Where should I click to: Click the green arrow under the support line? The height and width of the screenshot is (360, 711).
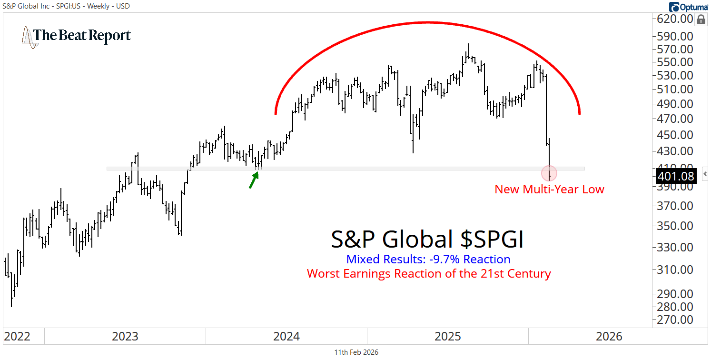coord(254,180)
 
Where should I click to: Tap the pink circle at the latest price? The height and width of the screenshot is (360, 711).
coord(549,173)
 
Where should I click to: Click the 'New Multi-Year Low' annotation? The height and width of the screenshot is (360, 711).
coord(549,190)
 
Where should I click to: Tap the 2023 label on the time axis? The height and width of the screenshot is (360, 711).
coord(125,337)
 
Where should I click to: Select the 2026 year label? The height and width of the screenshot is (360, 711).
coord(609,337)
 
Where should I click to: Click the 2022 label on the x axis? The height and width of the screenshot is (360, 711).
coord(17,337)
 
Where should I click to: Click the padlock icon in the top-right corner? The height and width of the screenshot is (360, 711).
coord(701,20)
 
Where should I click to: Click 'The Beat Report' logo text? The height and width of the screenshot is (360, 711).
coord(82,36)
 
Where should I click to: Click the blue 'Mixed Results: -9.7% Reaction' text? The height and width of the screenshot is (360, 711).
coord(428,260)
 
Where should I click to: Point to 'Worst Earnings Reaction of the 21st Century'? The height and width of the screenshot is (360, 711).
coord(428,274)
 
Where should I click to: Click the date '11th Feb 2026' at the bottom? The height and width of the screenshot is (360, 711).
coord(356,352)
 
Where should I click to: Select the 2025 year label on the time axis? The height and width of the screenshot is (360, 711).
coord(448,337)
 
